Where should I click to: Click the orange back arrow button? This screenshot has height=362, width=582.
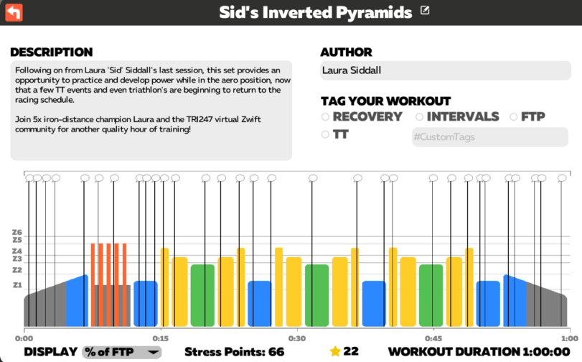(x=14, y=12)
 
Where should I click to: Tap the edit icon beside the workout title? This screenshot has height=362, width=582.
(x=426, y=10)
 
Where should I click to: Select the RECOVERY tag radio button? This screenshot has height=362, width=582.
(x=325, y=116)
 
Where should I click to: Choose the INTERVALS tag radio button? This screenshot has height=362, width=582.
(x=420, y=116)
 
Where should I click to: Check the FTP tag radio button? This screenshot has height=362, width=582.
(x=514, y=116)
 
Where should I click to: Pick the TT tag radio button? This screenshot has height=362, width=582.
(x=325, y=134)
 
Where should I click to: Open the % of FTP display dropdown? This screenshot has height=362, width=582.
(x=122, y=351)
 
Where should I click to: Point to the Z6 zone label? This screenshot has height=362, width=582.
(x=17, y=232)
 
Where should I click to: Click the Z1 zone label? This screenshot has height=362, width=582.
(x=17, y=285)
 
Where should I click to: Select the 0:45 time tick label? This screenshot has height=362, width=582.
(x=433, y=338)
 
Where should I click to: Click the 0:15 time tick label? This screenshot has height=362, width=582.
(x=160, y=338)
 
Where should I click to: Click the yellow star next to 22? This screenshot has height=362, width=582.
(x=334, y=351)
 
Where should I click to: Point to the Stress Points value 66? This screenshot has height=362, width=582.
(x=276, y=351)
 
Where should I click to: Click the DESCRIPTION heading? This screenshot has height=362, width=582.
(x=51, y=52)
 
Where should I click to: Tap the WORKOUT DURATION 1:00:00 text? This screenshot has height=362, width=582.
(x=479, y=351)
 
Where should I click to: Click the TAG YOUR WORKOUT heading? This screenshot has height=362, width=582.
(x=385, y=101)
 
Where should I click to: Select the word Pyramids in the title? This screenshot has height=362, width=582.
(x=379, y=12)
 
